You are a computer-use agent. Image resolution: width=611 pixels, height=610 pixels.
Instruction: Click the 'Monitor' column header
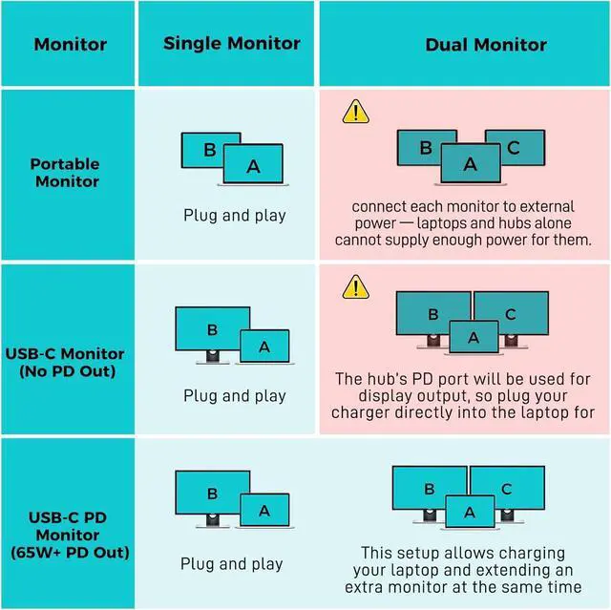coord(71,45)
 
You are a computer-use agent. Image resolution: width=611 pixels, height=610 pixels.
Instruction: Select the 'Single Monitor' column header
coord(231,44)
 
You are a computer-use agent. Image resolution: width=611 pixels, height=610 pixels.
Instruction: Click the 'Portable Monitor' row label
coord(64,172)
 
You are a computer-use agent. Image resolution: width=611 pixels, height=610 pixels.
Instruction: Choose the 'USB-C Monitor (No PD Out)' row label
coord(65,362)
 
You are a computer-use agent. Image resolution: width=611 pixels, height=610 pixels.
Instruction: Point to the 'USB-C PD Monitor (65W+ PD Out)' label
coord(65,535)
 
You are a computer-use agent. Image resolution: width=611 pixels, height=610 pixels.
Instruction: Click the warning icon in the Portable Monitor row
coord(356,114)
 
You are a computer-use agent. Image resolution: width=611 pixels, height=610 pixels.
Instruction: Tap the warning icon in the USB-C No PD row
coord(356,285)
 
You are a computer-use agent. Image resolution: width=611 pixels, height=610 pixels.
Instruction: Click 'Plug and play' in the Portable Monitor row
coord(234,216)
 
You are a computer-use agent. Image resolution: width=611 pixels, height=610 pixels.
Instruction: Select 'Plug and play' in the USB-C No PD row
coord(234,395)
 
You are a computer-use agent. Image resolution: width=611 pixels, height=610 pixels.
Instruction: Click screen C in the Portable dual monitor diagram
coord(515,147)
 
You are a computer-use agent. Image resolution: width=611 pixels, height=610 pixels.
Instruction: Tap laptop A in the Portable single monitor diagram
coord(253,166)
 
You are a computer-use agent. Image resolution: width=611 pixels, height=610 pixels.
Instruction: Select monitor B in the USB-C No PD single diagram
coord(212,329)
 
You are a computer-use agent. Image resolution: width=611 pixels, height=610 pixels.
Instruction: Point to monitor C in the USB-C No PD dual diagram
coord(511,313)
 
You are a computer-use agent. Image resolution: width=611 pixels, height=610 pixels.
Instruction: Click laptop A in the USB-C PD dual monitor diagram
coord(469,513)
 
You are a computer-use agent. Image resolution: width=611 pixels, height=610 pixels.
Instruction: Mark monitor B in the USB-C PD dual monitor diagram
coord(430,489)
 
